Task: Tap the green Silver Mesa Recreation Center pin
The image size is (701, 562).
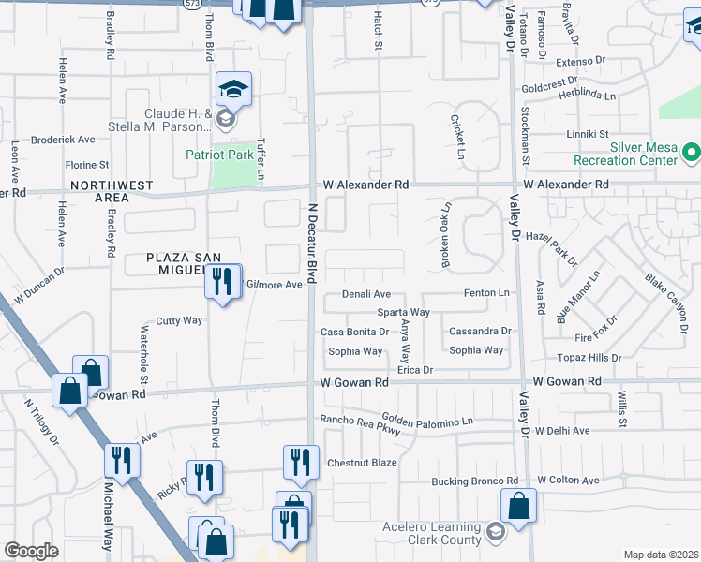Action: click(692, 151)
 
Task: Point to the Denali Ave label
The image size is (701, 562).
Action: click(365, 294)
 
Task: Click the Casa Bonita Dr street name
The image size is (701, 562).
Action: click(354, 332)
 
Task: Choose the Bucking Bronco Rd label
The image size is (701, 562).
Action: click(474, 481)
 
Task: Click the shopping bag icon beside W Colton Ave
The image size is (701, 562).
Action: click(518, 506)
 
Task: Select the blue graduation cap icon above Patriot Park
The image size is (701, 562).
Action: click(233, 90)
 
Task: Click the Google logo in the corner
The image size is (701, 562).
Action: click(31, 551)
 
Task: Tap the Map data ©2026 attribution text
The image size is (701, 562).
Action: click(661, 555)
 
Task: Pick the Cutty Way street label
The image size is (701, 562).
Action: click(179, 320)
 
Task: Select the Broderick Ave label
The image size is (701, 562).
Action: click(63, 140)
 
